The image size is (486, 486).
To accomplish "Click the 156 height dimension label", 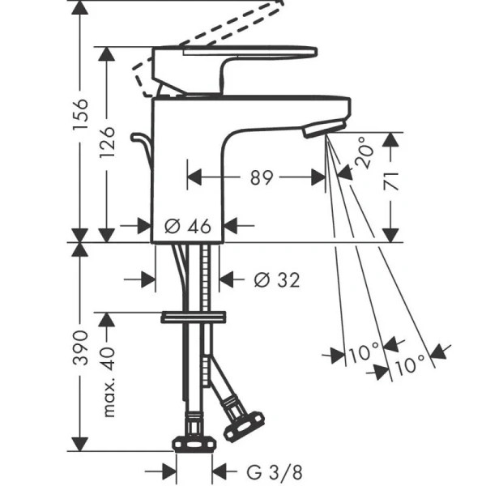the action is coord(81,114).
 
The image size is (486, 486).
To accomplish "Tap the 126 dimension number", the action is coord(108,143).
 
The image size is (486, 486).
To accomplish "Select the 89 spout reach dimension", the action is coord(262,177).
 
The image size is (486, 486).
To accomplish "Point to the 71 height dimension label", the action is coord(390,181).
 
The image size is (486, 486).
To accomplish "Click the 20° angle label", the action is coord(364,152).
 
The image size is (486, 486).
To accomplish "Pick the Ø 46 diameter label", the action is coord(188,226).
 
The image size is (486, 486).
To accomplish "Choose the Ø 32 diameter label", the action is coord(277,280).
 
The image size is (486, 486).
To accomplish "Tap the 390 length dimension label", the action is coord(80,347).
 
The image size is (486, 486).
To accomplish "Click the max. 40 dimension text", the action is coord(108,382).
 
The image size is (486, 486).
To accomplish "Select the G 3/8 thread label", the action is coord(275,472).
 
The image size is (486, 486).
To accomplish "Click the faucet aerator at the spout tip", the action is coord(324,128).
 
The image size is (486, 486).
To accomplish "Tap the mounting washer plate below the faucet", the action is coord(193,317).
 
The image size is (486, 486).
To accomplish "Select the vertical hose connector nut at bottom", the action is coord(194,444).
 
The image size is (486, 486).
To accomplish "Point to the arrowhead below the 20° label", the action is coord(345,173).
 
